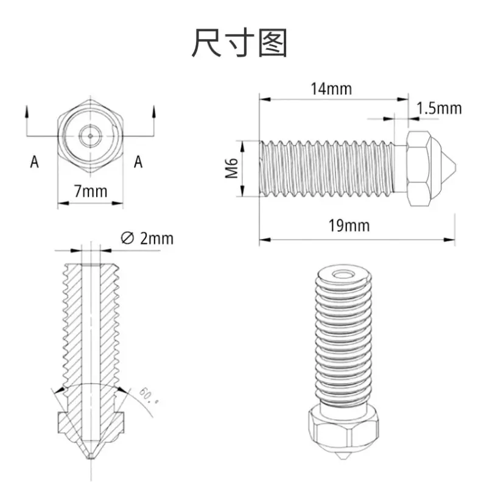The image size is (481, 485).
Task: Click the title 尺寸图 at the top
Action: [239, 43]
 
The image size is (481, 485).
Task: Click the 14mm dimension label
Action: [331, 89]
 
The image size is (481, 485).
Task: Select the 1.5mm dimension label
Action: [439, 108]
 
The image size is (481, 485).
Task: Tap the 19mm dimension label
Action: [349, 225]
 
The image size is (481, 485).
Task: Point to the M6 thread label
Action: [231, 168]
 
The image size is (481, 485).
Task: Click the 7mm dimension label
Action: [91, 191]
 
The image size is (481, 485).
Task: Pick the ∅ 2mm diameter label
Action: [147, 238]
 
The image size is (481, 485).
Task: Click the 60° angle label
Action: [149, 395]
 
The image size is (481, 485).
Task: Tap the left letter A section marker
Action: [34, 162]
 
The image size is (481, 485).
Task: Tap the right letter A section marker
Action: [138, 162]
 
